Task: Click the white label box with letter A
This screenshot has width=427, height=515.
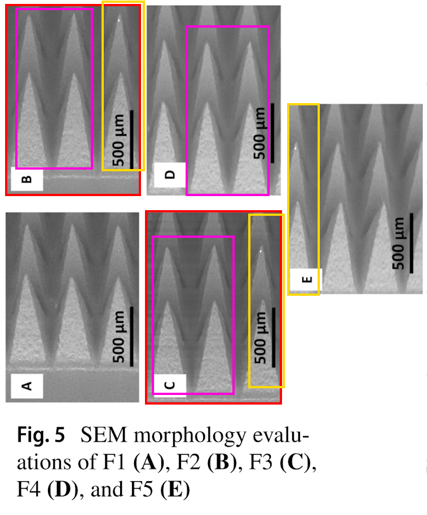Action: (27, 385)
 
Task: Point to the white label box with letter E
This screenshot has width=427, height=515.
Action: (305, 278)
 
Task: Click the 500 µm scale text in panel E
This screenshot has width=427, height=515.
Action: (400, 244)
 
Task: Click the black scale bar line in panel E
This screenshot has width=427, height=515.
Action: (411, 243)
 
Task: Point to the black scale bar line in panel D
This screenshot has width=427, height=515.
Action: (272, 133)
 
